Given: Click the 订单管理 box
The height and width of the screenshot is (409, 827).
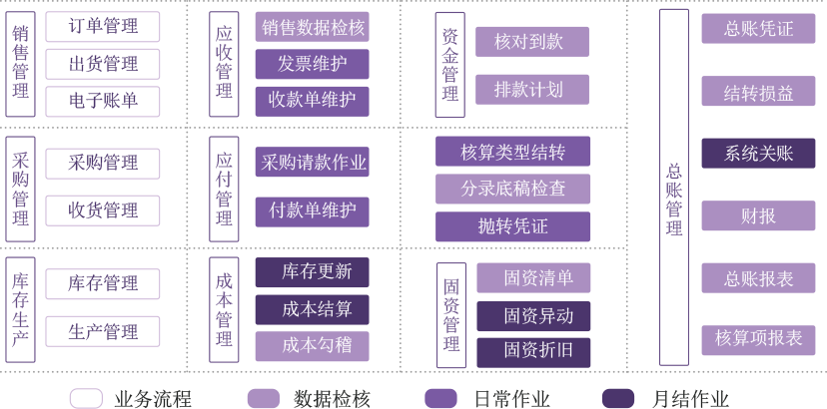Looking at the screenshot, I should coord(103,27).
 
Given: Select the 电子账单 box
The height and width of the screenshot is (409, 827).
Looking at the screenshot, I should coord(103,101).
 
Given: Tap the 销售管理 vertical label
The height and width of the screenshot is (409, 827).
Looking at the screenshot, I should coord(21,64).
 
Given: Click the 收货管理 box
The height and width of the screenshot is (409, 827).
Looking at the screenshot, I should coord(103,210).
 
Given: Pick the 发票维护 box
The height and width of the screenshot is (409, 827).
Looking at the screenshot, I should coord(312,65).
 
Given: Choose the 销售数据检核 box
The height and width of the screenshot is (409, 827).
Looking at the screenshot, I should coord(312,27).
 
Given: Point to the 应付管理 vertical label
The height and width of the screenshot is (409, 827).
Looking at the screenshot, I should coord(224,189).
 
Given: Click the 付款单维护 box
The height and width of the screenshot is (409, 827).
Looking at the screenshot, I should coord(312,211).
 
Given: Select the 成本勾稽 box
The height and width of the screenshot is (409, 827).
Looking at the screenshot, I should coord(312,346).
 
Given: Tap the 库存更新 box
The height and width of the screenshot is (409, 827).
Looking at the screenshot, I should coord(312,272).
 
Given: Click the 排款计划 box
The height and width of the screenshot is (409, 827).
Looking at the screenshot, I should coord(531,90).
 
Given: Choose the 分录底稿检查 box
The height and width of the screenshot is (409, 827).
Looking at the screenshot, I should coord(512,189).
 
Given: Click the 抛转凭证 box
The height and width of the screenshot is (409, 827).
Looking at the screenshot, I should coord(512,226).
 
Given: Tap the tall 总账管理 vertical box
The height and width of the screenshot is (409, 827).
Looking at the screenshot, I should coord(674,188).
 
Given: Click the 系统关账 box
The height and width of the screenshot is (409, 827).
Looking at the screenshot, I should coord(758,154).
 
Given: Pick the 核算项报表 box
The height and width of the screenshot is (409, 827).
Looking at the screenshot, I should coord(758,339).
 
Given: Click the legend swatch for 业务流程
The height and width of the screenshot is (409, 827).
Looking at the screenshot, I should coord(86,398).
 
